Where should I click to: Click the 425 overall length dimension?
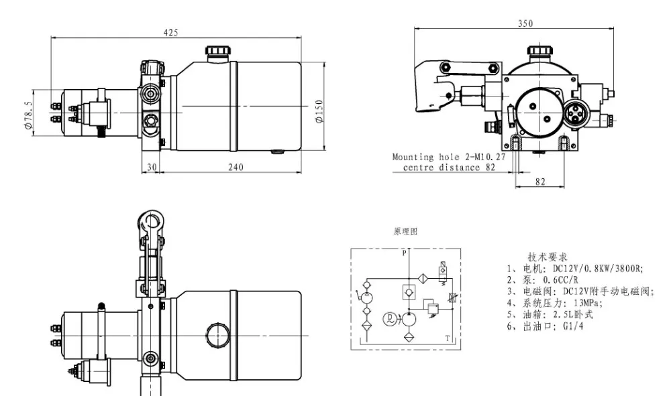click(x=170, y=32)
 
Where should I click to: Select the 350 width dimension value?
click(x=525, y=23)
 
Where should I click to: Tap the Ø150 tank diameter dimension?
click(x=319, y=111)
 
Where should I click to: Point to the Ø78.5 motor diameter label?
click(x=28, y=115)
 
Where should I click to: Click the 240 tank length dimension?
click(x=236, y=167)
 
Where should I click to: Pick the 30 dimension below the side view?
click(x=152, y=167)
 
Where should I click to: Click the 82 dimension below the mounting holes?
click(x=540, y=182)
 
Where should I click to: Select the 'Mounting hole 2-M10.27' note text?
click(x=449, y=157)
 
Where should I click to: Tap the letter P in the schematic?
click(x=404, y=253)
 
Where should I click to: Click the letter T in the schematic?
click(x=448, y=338)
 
